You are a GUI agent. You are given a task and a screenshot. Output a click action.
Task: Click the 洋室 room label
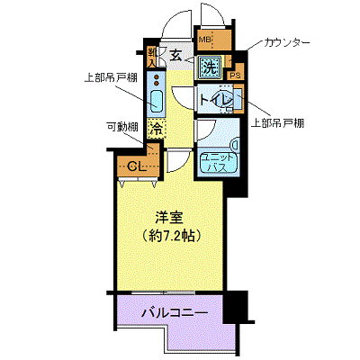point(168,217)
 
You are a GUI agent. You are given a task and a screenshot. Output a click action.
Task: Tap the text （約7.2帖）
point(168,236)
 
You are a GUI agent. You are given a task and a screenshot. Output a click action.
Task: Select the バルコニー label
point(175,314)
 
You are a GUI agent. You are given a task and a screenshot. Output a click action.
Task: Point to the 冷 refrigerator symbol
point(157,129)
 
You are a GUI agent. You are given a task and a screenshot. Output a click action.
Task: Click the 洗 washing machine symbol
point(210,66)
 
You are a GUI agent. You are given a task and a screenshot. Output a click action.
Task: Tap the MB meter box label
point(205,40)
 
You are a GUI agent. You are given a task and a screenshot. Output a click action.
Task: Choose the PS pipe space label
point(237,76)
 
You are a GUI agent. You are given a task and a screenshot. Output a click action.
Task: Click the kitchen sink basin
point(155,102)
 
